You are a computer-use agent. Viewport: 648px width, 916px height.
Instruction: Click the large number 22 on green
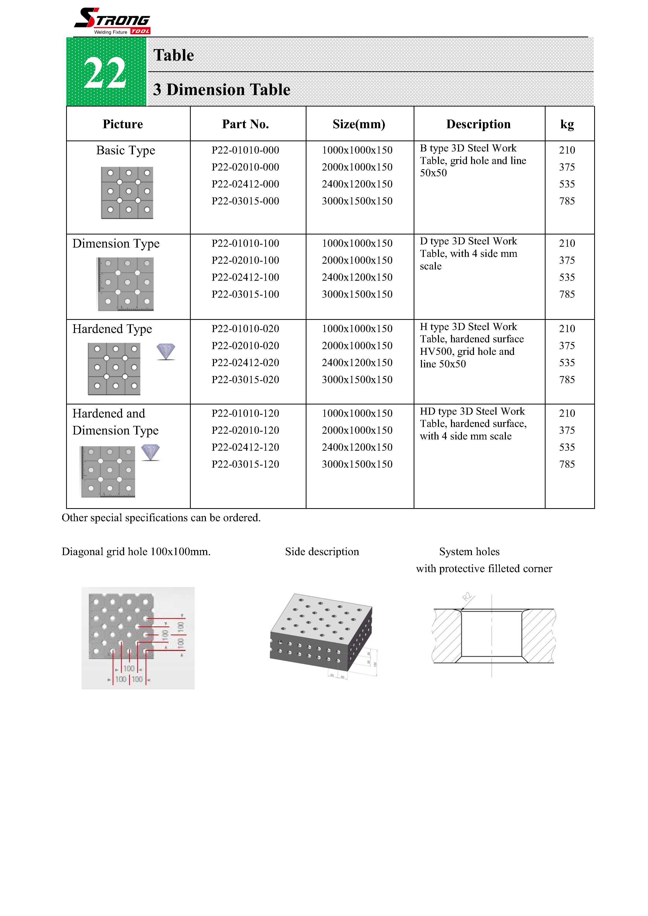tap(105, 73)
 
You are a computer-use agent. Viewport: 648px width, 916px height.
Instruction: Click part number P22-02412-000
tap(245, 184)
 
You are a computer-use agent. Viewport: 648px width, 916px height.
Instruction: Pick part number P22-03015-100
tap(245, 294)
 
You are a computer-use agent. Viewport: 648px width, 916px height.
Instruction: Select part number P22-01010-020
tap(245, 328)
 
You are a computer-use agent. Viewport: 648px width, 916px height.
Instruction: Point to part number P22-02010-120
tap(245, 430)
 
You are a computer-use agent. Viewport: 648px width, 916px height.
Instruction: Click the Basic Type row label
tap(125, 150)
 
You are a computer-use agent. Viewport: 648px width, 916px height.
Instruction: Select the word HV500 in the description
tap(436, 351)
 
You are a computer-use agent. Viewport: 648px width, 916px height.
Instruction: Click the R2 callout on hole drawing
tap(467, 597)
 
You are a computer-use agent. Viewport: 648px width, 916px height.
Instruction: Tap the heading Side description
tap(322, 551)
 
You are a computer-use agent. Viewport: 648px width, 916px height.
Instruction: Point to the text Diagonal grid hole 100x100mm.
tap(136, 551)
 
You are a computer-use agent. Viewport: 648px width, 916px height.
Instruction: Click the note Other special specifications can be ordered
tap(161, 518)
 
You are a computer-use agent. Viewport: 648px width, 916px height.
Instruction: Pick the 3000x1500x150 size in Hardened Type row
tap(357, 379)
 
